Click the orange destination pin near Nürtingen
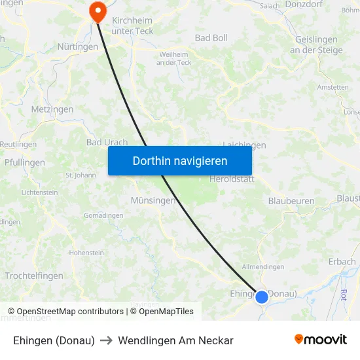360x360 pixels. coord(98,11)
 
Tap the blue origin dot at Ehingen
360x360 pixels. coord(261,297)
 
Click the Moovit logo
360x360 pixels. coord(321,340)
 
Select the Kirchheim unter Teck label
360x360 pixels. coord(133,26)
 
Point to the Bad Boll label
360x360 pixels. coord(211,38)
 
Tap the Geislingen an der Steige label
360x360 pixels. coord(315,45)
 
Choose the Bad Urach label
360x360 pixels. coord(107,142)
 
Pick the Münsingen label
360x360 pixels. coord(153,201)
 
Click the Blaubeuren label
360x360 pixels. coord(291,201)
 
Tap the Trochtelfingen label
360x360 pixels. coord(34,276)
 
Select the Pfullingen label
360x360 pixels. coord(25,162)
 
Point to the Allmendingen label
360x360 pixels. coord(263,267)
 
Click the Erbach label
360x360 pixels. coord(342,262)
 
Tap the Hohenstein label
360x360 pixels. coord(86,253)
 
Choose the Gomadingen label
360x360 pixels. coord(103,215)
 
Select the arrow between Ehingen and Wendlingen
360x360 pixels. coord(107,340)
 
